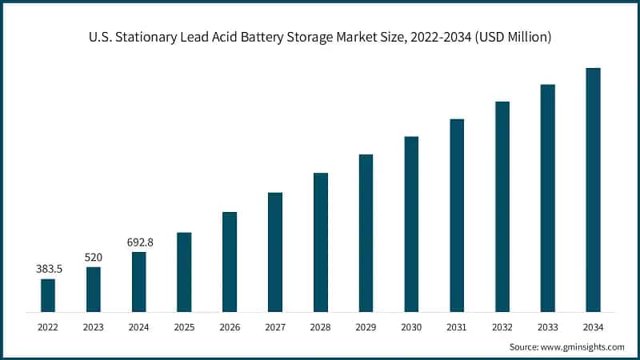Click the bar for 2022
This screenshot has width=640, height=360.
tap(48, 295)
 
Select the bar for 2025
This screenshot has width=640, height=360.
tap(184, 272)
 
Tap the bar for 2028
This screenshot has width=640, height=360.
tap(321, 242)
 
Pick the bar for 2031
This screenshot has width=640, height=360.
tap(457, 215)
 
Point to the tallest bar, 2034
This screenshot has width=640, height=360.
tap(593, 190)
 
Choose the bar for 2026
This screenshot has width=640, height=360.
tap(230, 262)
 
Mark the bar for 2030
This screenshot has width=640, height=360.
tap(411, 224)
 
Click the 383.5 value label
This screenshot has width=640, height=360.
tap(49, 269)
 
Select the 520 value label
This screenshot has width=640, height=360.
tap(94, 257)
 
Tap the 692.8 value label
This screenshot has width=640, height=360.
tap(139, 242)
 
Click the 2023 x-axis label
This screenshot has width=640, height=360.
tap(94, 327)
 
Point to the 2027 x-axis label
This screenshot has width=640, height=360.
tap(275, 327)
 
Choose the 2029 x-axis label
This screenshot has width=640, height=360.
tap(366, 327)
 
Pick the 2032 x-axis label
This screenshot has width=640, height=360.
tap(502, 327)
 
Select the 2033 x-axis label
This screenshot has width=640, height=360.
tap(547, 327)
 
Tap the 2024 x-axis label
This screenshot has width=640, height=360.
tap(139, 327)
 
